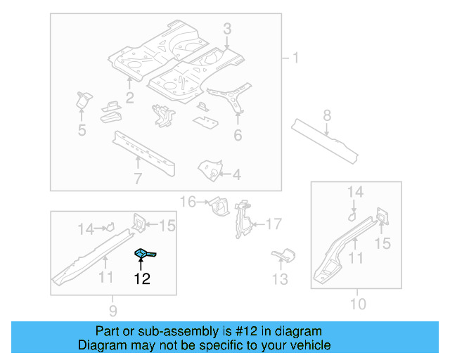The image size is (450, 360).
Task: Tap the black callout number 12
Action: [142, 279]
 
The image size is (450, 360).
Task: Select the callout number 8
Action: [327, 115]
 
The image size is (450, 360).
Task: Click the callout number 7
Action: [138, 178]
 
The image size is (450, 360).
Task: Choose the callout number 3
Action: [227, 29]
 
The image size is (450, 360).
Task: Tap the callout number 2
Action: [130, 97]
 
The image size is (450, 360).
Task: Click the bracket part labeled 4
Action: [210, 168]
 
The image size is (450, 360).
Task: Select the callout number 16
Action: [188, 202]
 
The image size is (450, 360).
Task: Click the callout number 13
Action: [280, 280]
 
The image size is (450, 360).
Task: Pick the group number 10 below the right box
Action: [358, 304]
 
